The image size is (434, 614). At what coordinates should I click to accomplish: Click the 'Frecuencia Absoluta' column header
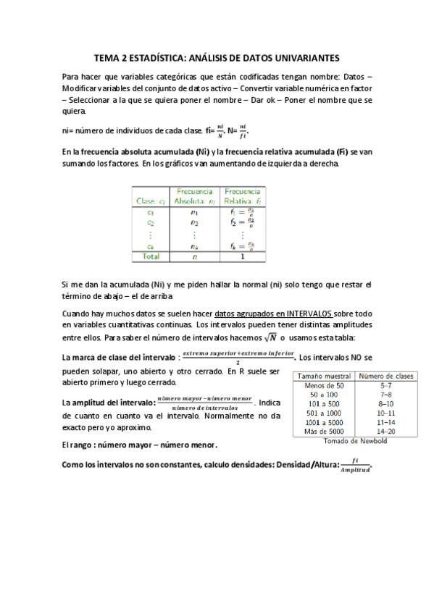194,196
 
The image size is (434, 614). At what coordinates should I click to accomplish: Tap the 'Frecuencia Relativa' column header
242,196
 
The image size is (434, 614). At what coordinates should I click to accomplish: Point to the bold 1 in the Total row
242,256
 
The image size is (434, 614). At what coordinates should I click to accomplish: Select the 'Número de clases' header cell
386,376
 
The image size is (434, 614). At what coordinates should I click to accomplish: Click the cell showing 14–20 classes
386,431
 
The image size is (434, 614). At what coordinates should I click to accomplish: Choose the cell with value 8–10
386,404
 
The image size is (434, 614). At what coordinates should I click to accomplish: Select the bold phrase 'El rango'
80,445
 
